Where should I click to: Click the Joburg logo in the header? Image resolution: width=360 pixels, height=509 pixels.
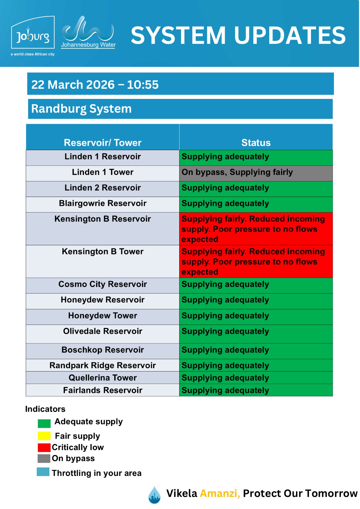pyautogui.click(x=33, y=36)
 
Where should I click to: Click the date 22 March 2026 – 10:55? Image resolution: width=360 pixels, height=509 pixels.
pyautogui.click(x=95, y=85)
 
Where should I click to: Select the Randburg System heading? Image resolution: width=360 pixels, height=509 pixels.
pyautogui.click(x=81, y=109)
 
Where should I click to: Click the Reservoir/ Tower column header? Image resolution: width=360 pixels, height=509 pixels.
pyautogui.click(x=102, y=143)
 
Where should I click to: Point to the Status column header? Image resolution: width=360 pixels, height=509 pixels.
pyautogui.click(x=256, y=143)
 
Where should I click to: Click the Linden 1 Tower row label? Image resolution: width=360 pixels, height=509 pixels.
pyautogui.click(x=102, y=172)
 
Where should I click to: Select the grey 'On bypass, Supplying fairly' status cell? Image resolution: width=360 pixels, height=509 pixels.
pyautogui.click(x=256, y=173)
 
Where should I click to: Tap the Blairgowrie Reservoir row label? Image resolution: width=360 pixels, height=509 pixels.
pyautogui.click(x=102, y=203)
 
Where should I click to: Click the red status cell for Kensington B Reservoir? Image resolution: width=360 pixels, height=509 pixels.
pyautogui.click(x=256, y=229)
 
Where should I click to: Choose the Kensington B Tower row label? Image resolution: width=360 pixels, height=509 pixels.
pyautogui.click(x=102, y=252)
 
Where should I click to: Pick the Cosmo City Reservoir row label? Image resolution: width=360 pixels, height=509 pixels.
pyautogui.click(x=102, y=284)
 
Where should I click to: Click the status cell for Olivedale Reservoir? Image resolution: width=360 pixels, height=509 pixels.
pyautogui.click(x=256, y=334)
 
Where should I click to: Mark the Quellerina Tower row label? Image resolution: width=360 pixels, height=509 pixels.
pyautogui.click(x=102, y=378)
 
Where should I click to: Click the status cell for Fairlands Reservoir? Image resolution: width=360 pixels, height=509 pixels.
pyautogui.click(x=256, y=390)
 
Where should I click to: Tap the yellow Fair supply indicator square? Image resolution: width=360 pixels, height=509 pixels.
pyautogui.click(x=44, y=436)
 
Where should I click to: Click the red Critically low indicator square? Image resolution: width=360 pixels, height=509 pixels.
pyautogui.click(x=44, y=447)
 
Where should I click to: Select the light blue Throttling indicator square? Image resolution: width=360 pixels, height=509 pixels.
pyautogui.click(x=43, y=472)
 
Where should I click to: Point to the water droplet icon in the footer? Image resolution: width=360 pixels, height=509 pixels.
pyautogui.click(x=154, y=495)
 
